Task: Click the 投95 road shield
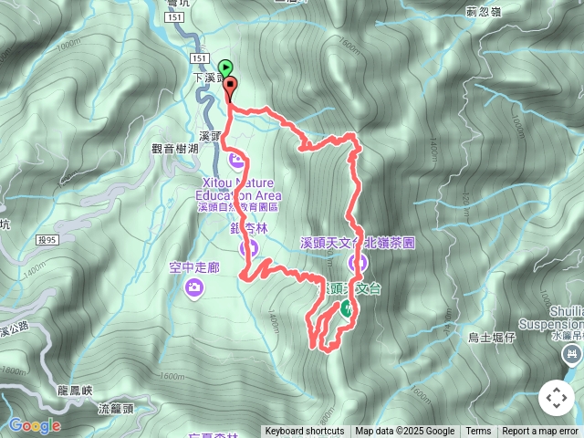(47, 240)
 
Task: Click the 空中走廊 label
(194, 267)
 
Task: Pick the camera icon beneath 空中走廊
(194, 288)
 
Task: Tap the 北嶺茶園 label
(391, 244)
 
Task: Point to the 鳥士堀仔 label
(492, 338)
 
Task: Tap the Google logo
(34, 425)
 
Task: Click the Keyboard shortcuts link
(305, 432)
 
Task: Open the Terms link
(478, 432)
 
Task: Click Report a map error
(541, 432)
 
